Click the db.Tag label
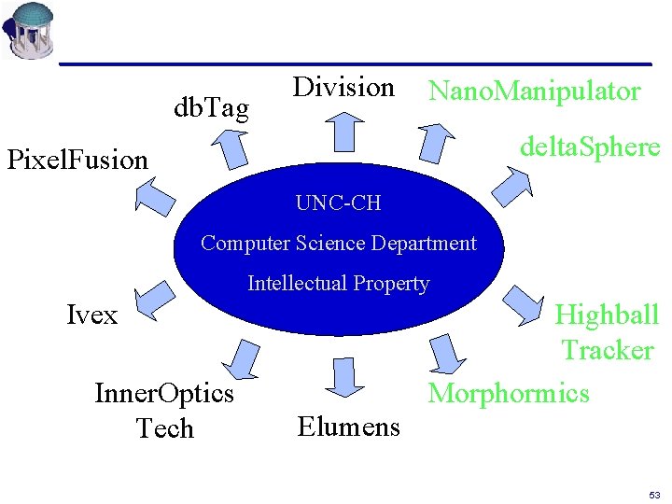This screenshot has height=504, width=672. click(x=212, y=109)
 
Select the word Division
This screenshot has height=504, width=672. click(x=343, y=88)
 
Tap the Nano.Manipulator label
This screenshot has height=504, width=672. click(x=534, y=91)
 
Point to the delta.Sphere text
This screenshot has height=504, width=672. click(x=590, y=147)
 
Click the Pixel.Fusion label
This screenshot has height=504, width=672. click(x=77, y=160)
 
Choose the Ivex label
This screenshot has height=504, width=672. click(x=92, y=315)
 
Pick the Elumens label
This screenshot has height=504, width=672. click(x=348, y=427)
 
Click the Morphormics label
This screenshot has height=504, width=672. click(x=509, y=393)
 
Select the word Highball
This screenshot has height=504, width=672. click(x=607, y=315)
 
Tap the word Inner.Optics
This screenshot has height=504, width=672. click(x=164, y=393)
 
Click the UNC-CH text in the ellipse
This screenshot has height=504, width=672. click(x=338, y=203)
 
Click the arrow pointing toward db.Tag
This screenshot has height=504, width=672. click(x=227, y=148)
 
